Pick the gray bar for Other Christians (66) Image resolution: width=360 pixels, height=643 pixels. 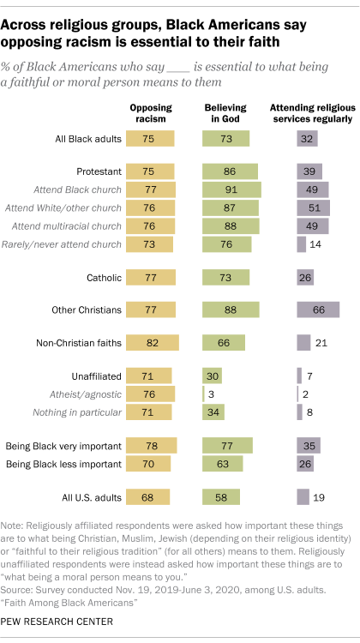317,310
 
